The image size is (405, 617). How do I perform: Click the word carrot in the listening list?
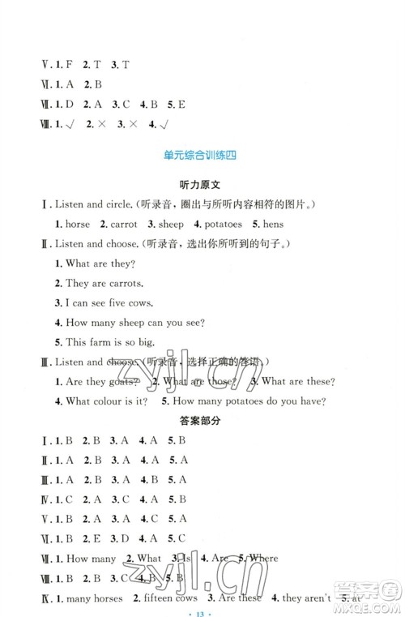[x=126, y=224]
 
